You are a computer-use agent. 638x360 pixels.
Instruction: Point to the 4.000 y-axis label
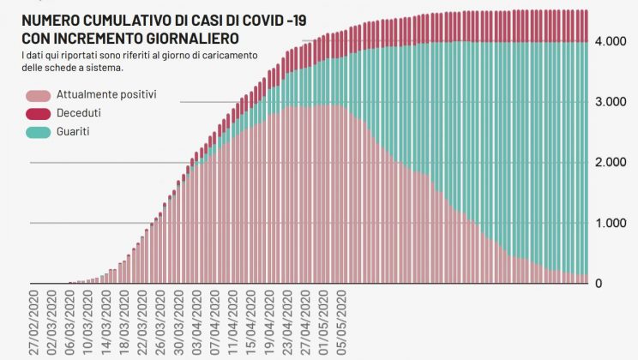coord(612,41)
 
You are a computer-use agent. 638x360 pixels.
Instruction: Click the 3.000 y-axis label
coord(612,102)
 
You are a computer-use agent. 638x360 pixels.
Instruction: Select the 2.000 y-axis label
coord(612,163)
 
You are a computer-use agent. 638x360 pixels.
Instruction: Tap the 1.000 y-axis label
coord(612,224)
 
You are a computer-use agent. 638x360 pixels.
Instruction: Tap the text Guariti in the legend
coord(72,132)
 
